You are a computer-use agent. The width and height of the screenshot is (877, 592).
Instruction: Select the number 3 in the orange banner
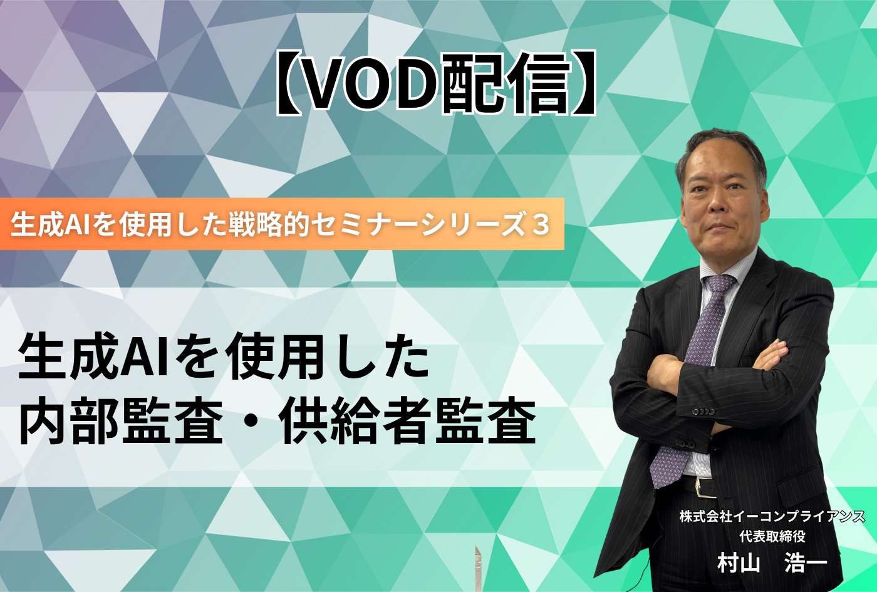point(541,225)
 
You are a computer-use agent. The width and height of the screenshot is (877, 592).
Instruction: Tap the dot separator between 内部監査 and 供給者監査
point(250,421)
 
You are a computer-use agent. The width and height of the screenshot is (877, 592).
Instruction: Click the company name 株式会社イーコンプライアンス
point(772,517)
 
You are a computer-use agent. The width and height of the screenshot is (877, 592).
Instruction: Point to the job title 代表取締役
point(772,536)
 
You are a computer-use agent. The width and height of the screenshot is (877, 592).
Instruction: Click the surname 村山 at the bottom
point(739,563)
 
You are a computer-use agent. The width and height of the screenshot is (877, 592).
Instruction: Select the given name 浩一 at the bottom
point(806,563)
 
